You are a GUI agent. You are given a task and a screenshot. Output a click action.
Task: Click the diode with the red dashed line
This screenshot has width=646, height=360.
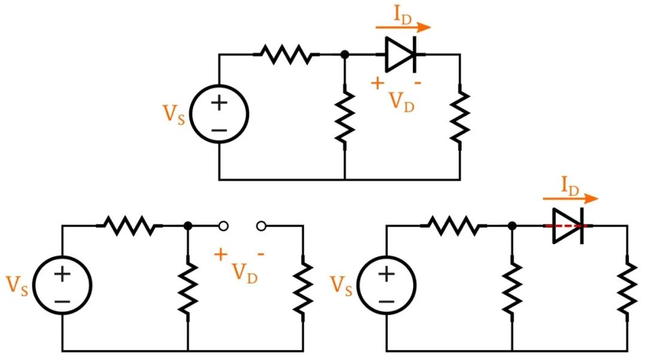point(568,226)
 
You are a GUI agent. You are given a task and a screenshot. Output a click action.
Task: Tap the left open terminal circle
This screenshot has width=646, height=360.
point(223,226)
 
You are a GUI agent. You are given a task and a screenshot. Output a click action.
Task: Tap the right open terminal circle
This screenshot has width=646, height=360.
point(261,226)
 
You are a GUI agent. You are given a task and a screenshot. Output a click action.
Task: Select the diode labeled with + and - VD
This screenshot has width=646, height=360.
point(400,54)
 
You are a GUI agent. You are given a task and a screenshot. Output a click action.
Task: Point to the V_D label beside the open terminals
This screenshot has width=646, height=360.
point(245,273)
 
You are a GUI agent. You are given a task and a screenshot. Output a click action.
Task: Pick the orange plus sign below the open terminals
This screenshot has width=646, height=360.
point(221,254)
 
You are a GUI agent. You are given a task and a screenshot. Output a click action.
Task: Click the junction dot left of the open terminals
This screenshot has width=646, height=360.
point(188,226)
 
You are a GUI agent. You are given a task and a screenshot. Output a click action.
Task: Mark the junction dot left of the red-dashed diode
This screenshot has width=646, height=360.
point(512,226)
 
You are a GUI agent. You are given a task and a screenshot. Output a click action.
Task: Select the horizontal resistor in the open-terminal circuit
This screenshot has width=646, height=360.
point(129,226)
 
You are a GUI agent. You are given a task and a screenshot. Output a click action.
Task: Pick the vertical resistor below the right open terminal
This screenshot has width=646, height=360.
point(303,287)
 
